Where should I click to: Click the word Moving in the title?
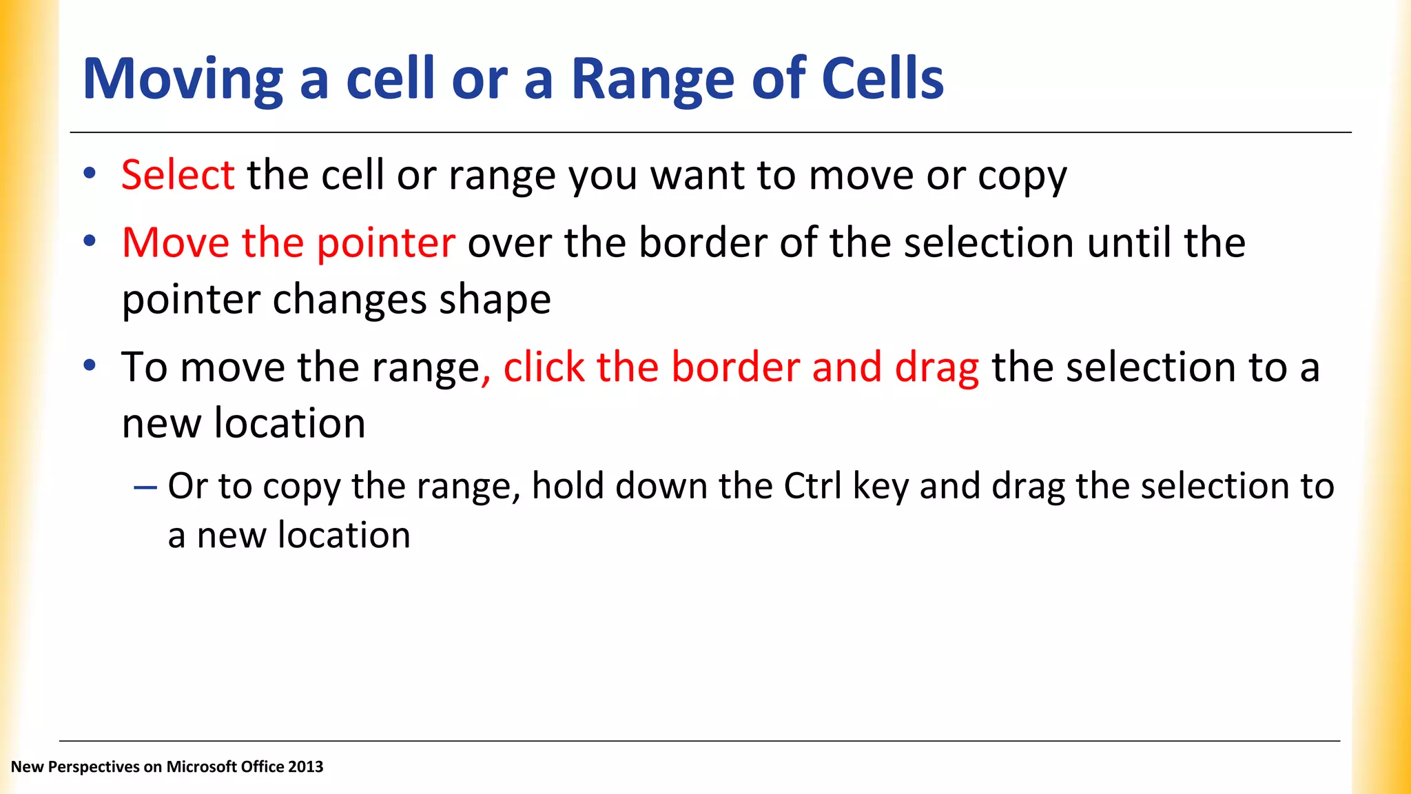(x=183, y=79)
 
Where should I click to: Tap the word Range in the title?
(x=653, y=79)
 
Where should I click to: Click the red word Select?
(x=178, y=174)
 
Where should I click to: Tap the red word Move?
(x=176, y=243)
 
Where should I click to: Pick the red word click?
(x=544, y=367)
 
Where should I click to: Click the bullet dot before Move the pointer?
(x=90, y=241)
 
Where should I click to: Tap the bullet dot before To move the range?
(x=90, y=365)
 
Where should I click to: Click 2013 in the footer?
(x=305, y=766)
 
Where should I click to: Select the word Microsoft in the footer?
(x=197, y=766)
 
